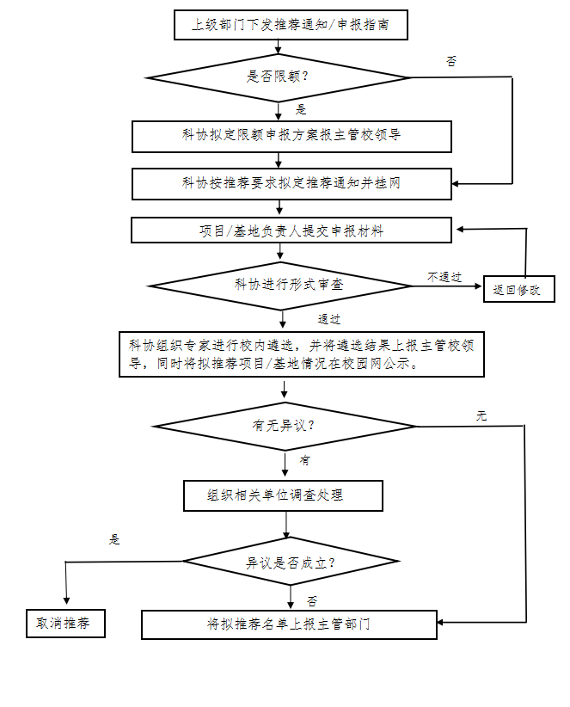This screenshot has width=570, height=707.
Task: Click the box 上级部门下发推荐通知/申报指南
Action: [290, 25]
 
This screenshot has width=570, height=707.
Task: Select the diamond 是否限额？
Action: [279, 77]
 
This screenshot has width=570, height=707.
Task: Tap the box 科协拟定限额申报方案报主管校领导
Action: [291, 136]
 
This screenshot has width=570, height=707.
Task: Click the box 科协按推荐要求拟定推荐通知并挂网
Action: [291, 183]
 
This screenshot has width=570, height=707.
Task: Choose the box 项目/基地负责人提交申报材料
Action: [291, 231]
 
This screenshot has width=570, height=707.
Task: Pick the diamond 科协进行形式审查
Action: [281, 285]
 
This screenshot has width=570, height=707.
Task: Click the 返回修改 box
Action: [518, 290]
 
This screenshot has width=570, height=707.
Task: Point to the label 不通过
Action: [444, 276]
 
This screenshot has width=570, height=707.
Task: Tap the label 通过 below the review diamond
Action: [329, 319]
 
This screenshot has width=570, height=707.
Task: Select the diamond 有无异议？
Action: [285, 426]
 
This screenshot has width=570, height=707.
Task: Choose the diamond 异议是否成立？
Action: [291, 563]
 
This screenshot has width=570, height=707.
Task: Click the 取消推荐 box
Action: [64, 624]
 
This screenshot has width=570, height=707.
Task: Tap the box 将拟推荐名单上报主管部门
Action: [290, 624]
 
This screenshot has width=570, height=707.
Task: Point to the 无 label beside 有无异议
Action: [481, 415]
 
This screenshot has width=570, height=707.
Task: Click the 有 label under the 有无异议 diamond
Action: [305, 460]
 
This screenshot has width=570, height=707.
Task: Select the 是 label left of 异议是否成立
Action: [115, 540]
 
